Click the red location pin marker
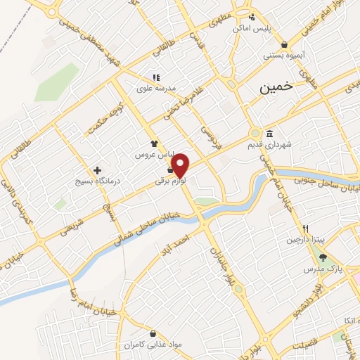click(x=181, y=165)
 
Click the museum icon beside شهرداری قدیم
click(x=269, y=134)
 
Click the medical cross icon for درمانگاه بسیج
click(x=97, y=170)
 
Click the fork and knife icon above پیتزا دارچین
click(x=305, y=228)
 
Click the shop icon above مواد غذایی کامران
click(x=153, y=334)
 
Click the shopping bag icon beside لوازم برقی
click(x=170, y=169)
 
